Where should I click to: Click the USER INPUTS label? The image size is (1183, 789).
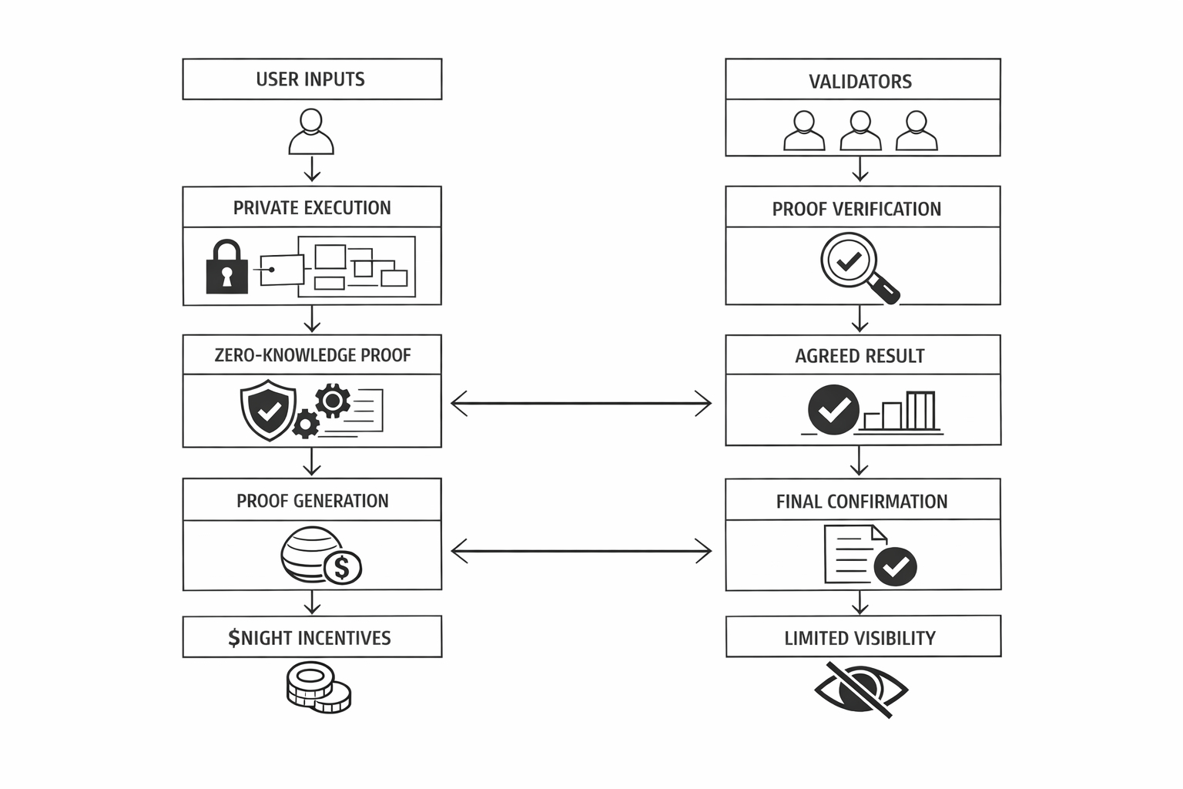pos(310,79)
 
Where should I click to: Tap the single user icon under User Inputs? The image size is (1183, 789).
pos(311,132)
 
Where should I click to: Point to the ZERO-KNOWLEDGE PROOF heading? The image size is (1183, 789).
pos(312,355)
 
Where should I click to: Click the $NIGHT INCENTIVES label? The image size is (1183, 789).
pos(310,638)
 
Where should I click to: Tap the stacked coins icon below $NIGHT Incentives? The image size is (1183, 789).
pos(318,687)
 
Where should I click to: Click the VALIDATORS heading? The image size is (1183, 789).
pos(860,82)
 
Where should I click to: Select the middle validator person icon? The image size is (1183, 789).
pos(860,131)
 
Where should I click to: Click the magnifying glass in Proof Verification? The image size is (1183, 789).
pos(856,267)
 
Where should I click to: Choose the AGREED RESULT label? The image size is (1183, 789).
pos(860,356)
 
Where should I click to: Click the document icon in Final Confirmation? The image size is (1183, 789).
pos(851,554)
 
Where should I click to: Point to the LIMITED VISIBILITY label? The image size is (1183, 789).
pos(860,638)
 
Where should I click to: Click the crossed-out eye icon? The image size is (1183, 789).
pos(860,688)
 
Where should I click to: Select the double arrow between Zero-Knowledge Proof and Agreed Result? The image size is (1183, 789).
pos(581,403)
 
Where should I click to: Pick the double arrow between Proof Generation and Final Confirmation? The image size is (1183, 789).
pos(581,551)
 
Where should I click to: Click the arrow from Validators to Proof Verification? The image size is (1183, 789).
pos(860,170)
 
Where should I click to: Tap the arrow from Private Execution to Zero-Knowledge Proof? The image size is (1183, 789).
pos(312,319)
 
